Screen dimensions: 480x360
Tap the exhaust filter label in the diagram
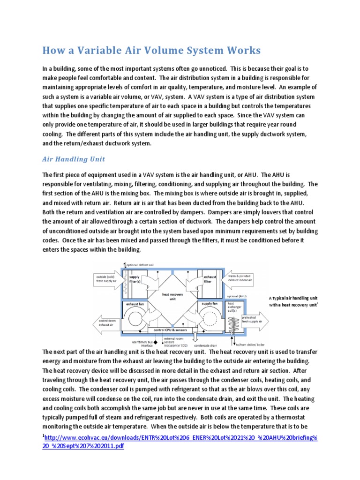click(x=210, y=279)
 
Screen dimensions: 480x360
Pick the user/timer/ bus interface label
click(x=141, y=345)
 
